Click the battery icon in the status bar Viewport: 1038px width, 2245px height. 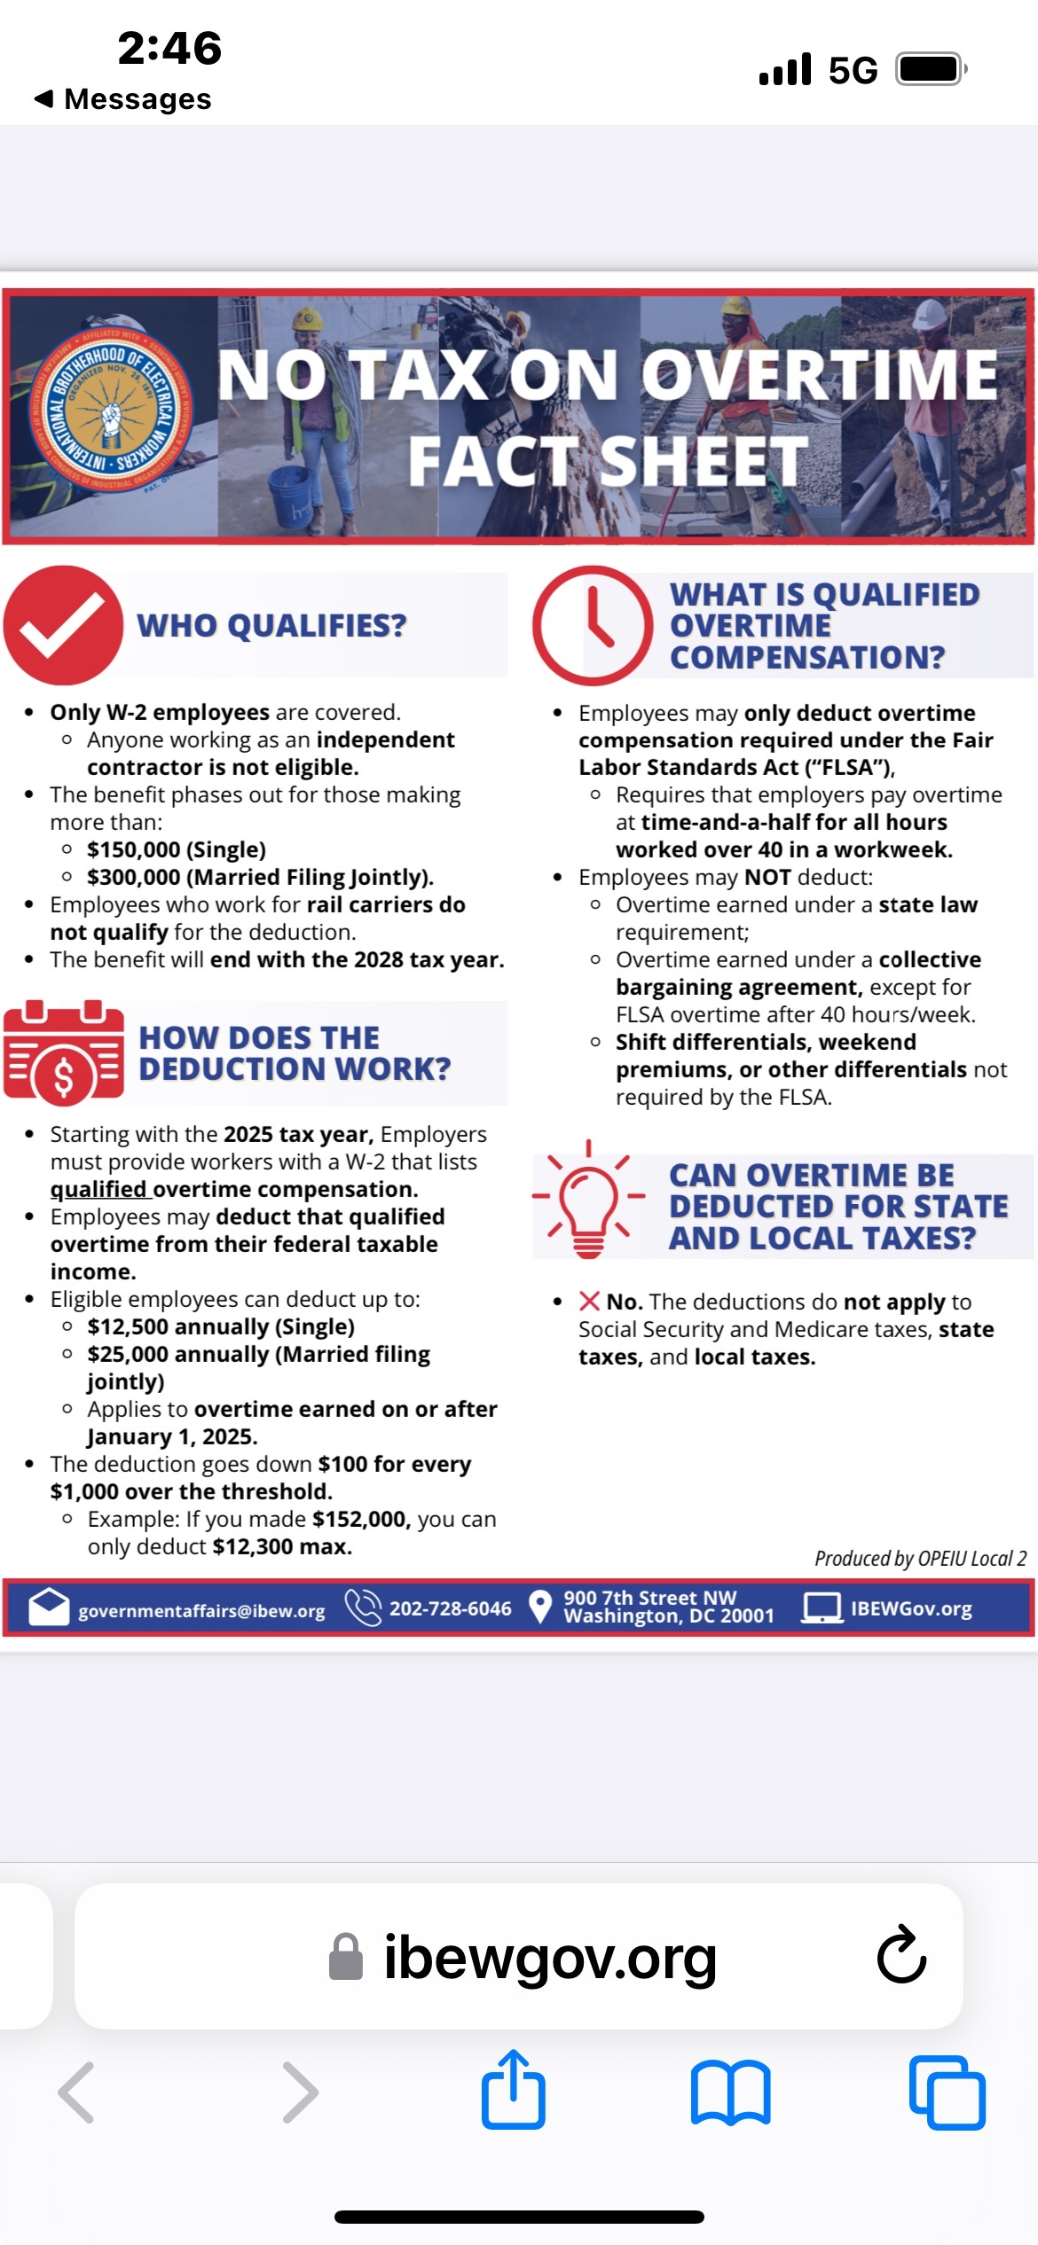click(x=930, y=69)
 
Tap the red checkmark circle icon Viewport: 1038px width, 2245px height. click(x=63, y=625)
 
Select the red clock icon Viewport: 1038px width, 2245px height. click(x=593, y=625)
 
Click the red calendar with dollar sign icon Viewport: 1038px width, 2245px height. click(x=63, y=1053)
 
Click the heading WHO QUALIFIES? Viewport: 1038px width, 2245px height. click(x=271, y=626)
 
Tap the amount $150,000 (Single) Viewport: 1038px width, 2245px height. click(x=176, y=849)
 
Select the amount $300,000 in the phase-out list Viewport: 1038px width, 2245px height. click(x=134, y=877)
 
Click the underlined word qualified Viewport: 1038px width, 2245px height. click(x=98, y=1189)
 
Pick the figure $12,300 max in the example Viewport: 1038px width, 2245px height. click(x=281, y=1546)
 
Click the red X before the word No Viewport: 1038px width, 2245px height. click(x=589, y=1301)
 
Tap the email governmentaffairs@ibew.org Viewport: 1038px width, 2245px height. click(x=201, y=1610)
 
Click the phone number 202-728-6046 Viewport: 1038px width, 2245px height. click(x=450, y=1608)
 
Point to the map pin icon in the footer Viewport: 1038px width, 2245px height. click(x=539, y=1607)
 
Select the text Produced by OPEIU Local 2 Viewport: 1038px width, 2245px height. click(x=920, y=1558)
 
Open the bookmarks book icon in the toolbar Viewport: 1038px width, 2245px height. click(x=730, y=2092)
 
